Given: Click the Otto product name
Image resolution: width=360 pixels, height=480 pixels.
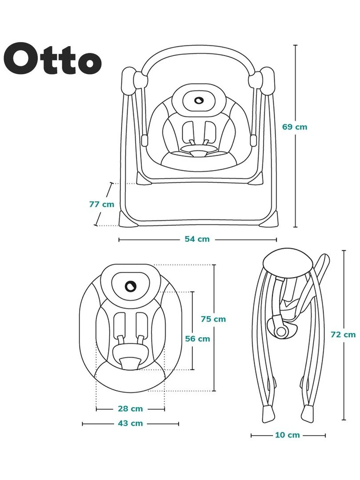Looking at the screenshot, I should tap(55, 59).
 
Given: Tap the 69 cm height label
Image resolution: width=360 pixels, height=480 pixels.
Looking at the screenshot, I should tap(295, 127).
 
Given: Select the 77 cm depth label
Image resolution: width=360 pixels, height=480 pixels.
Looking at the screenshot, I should tap(102, 204).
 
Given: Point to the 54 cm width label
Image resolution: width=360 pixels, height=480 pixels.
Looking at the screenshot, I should tap(197, 239).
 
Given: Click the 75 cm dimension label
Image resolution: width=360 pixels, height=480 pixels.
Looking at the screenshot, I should tap(213, 319).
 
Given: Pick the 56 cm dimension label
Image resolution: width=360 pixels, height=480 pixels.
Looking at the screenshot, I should tap(197, 339).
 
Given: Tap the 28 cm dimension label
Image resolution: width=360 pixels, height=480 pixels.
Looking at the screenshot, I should tap(130, 408).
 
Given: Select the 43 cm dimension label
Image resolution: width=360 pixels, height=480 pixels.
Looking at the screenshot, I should tap(131, 423).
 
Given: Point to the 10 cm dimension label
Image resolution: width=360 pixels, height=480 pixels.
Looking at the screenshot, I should tap(287, 435).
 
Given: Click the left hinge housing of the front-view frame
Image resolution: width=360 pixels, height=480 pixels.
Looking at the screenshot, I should tap(129, 80).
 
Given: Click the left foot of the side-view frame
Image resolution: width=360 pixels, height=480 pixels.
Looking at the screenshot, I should tap(267, 414).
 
